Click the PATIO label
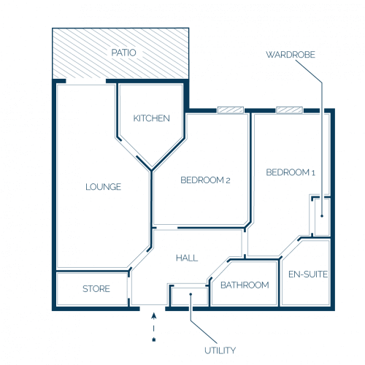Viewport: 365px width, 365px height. pyautogui.click(x=123, y=53)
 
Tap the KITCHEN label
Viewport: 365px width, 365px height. pyautogui.click(x=151, y=118)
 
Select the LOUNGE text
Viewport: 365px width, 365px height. pyautogui.click(x=103, y=187)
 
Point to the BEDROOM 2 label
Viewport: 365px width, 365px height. pyautogui.click(x=205, y=180)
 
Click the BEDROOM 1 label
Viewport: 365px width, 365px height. pyautogui.click(x=291, y=172)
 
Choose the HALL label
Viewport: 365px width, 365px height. pyautogui.click(x=187, y=258)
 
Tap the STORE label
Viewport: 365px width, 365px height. pyautogui.click(x=96, y=289)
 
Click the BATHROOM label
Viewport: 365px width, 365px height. pyautogui.click(x=245, y=285)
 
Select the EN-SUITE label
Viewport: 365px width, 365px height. pyautogui.click(x=308, y=274)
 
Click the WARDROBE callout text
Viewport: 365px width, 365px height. pyautogui.click(x=291, y=55)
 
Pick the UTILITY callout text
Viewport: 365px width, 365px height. pyautogui.click(x=220, y=350)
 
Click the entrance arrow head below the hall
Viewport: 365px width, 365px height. pyautogui.click(x=153, y=315)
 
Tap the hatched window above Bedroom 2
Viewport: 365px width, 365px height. pyautogui.click(x=231, y=110)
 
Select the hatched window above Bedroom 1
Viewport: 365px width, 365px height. pyautogui.click(x=289, y=110)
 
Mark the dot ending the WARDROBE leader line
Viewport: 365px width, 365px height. pyautogui.click(x=322, y=216)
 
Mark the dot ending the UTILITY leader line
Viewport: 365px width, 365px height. pyautogui.click(x=191, y=294)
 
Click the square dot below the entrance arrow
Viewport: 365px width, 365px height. pyautogui.click(x=154, y=339)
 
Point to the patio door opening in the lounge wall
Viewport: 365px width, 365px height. pyautogui.click(x=86, y=81)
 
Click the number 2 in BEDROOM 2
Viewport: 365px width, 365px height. pyautogui.click(x=228, y=180)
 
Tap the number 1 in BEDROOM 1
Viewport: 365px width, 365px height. pyautogui.click(x=313, y=173)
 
